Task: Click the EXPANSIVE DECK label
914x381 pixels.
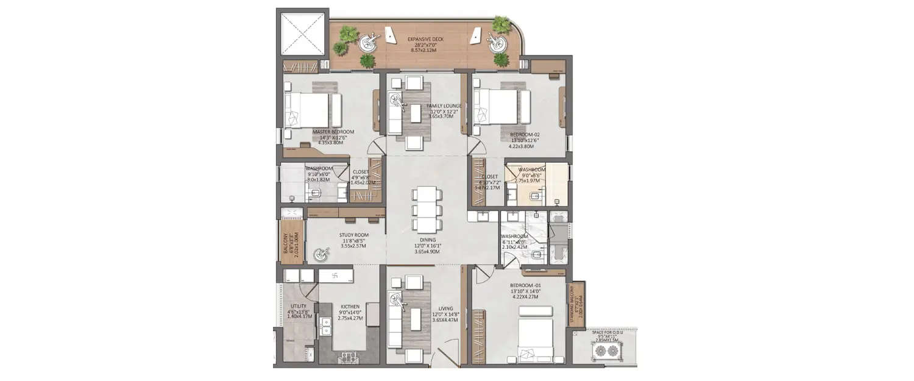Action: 426,39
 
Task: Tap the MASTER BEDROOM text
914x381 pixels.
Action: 333,132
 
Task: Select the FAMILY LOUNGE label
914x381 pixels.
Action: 444,106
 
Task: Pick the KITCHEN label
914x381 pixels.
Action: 350,307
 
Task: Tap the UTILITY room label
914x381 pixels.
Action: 299,307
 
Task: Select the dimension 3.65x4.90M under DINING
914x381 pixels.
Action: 427,252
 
